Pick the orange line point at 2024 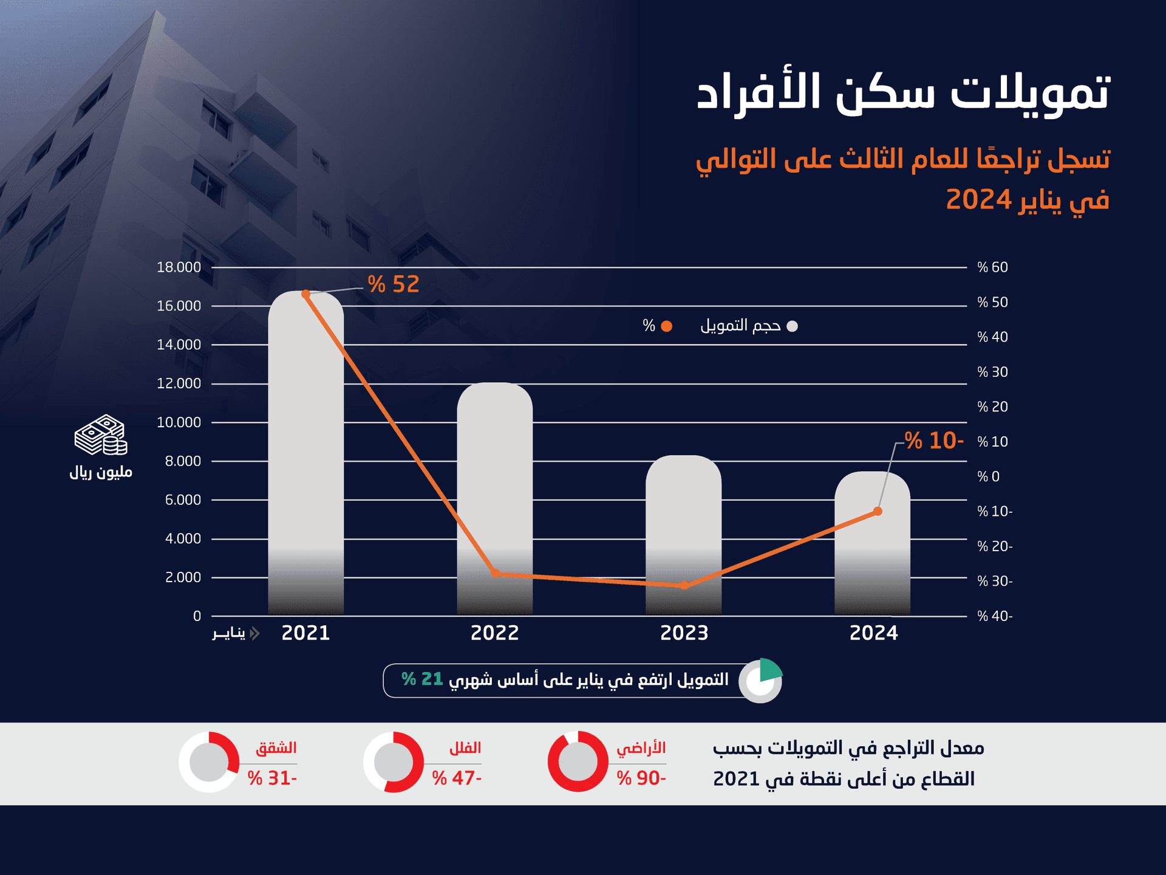click(878, 512)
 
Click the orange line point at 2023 click(684, 585)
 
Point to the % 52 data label click(394, 284)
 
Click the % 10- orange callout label click(934, 441)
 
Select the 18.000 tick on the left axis click(179, 267)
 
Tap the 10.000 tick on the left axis click(179, 422)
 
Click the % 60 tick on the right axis click(992, 267)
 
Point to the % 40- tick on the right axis click(995, 616)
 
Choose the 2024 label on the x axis click(873, 633)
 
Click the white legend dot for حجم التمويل click(792, 326)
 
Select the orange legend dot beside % click(666, 326)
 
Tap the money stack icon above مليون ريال click(100, 435)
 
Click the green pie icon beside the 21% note click(761, 680)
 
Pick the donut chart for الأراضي click(578, 761)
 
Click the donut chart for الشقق click(209, 761)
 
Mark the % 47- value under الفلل click(457, 778)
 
